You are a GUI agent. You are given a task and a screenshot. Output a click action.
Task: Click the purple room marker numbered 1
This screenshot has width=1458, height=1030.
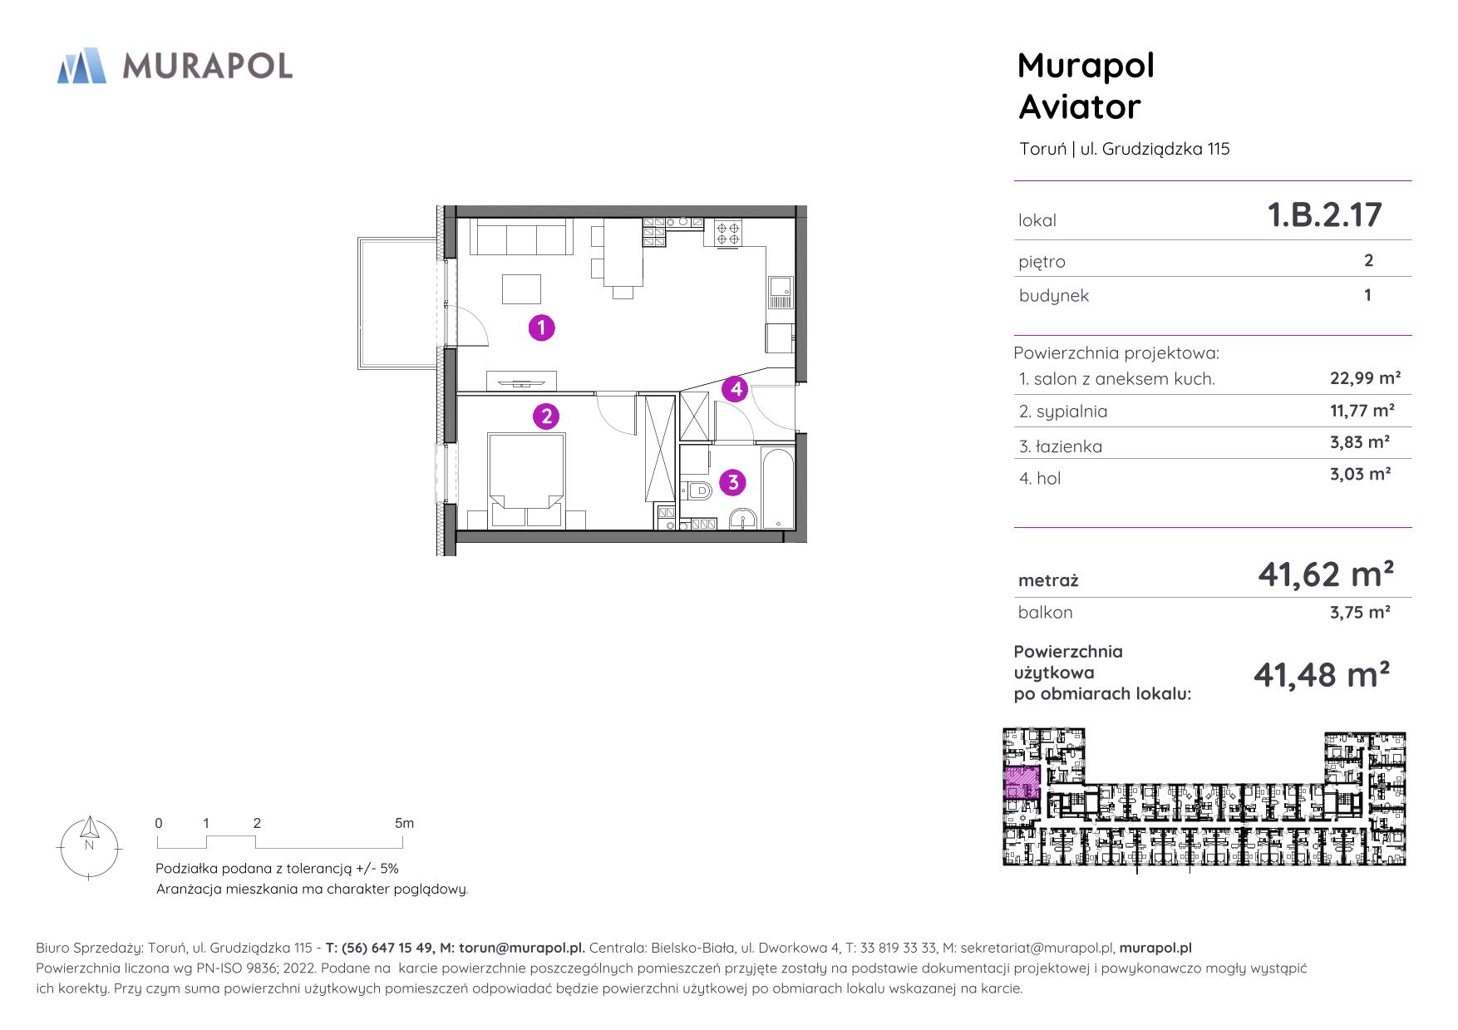(542, 328)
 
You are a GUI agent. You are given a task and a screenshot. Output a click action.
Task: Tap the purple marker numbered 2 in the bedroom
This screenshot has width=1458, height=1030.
(546, 416)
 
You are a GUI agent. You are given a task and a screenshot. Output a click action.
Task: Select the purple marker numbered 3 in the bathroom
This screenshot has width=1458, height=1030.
(732, 482)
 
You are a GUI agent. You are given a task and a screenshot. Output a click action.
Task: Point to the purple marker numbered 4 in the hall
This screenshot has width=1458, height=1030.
(735, 388)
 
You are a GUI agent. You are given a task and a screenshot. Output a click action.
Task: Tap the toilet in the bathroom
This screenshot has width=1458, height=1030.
(696, 490)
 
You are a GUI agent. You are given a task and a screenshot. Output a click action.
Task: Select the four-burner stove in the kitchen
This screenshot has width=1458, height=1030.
(728, 232)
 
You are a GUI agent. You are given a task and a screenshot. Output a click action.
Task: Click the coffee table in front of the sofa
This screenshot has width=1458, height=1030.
(521, 289)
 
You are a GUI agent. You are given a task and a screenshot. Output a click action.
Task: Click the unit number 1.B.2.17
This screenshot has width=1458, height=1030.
(1324, 215)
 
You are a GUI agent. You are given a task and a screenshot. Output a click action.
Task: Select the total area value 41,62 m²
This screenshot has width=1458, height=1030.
(1325, 574)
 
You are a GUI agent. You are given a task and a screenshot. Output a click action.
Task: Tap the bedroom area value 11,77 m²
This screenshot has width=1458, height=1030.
(1362, 410)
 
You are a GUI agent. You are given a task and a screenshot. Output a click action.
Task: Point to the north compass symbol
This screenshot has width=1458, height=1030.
(90, 846)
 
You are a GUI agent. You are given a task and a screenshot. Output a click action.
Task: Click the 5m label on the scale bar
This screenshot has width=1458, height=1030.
(404, 823)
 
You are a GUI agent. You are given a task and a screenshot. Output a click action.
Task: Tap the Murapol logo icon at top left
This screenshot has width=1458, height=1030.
(81, 66)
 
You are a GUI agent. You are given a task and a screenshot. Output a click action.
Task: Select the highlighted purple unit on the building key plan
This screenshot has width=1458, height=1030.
(1022, 784)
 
